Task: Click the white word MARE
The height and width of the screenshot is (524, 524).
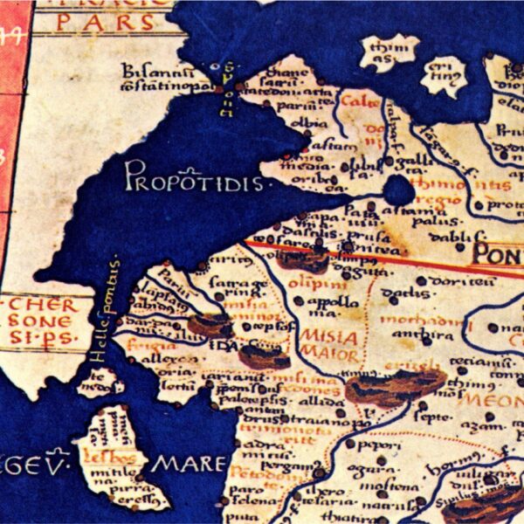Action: pyautogui.click(x=184, y=464)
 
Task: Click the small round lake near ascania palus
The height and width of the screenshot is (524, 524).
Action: pyautogui.click(x=398, y=190)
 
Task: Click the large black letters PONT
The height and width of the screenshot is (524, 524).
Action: pyautogui.click(x=498, y=254)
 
